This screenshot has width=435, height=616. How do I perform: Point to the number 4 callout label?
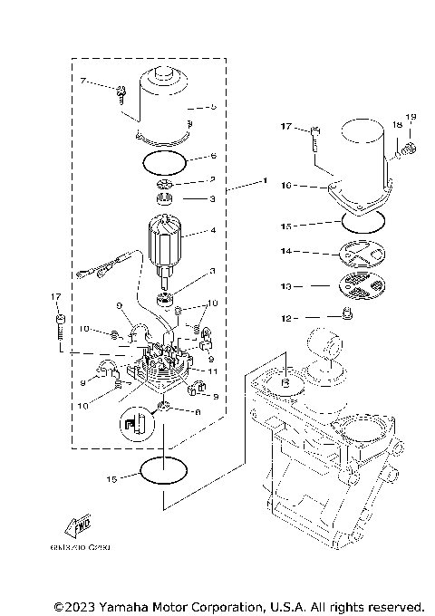213,231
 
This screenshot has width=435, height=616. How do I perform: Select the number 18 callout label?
397,125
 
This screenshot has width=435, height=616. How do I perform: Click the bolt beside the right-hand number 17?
314,138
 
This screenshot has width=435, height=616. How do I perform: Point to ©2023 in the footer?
73,605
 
